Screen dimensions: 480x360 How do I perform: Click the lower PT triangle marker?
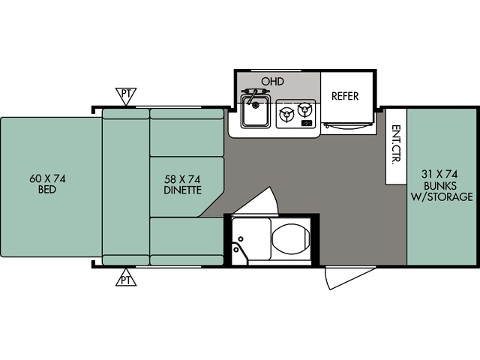point(126,277)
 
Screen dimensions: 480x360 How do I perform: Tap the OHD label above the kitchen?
point(272,82)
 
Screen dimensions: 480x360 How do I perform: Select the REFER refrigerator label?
point(345,96)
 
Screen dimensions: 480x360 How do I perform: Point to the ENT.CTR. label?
point(396,145)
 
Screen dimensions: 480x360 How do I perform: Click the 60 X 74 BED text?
point(47,184)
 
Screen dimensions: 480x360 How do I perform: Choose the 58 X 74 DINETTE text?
point(182,184)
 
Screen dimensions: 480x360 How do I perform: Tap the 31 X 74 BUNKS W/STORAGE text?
point(441,185)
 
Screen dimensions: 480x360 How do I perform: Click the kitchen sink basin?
point(255,112)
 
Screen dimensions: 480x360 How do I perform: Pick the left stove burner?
point(286,115)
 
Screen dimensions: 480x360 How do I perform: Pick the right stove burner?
point(304,110)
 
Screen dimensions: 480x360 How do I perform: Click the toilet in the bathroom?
point(291,240)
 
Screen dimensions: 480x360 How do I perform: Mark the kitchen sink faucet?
point(255,94)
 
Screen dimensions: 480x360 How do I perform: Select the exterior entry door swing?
point(349,277)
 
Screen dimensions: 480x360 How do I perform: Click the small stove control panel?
point(307,123)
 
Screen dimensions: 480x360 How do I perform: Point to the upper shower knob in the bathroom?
point(241,238)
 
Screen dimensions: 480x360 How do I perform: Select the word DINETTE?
point(182,190)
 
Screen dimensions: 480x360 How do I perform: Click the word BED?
point(47,190)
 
